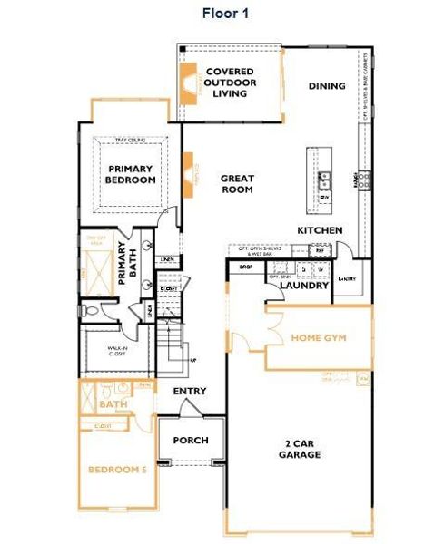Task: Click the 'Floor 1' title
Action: (222, 14)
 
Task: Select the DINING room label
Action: (327, 86)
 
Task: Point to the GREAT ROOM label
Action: (237, 185)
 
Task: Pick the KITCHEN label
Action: (321, 230)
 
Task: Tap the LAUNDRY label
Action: (303, 286)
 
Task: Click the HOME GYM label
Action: (318, 337)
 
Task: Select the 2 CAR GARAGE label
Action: (299, 449)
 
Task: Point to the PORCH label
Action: (191, 441)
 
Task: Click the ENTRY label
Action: (190, 392)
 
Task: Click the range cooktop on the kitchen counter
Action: (364, 179)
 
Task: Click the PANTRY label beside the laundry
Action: (345, 279)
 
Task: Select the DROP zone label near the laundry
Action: (245, 268)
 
